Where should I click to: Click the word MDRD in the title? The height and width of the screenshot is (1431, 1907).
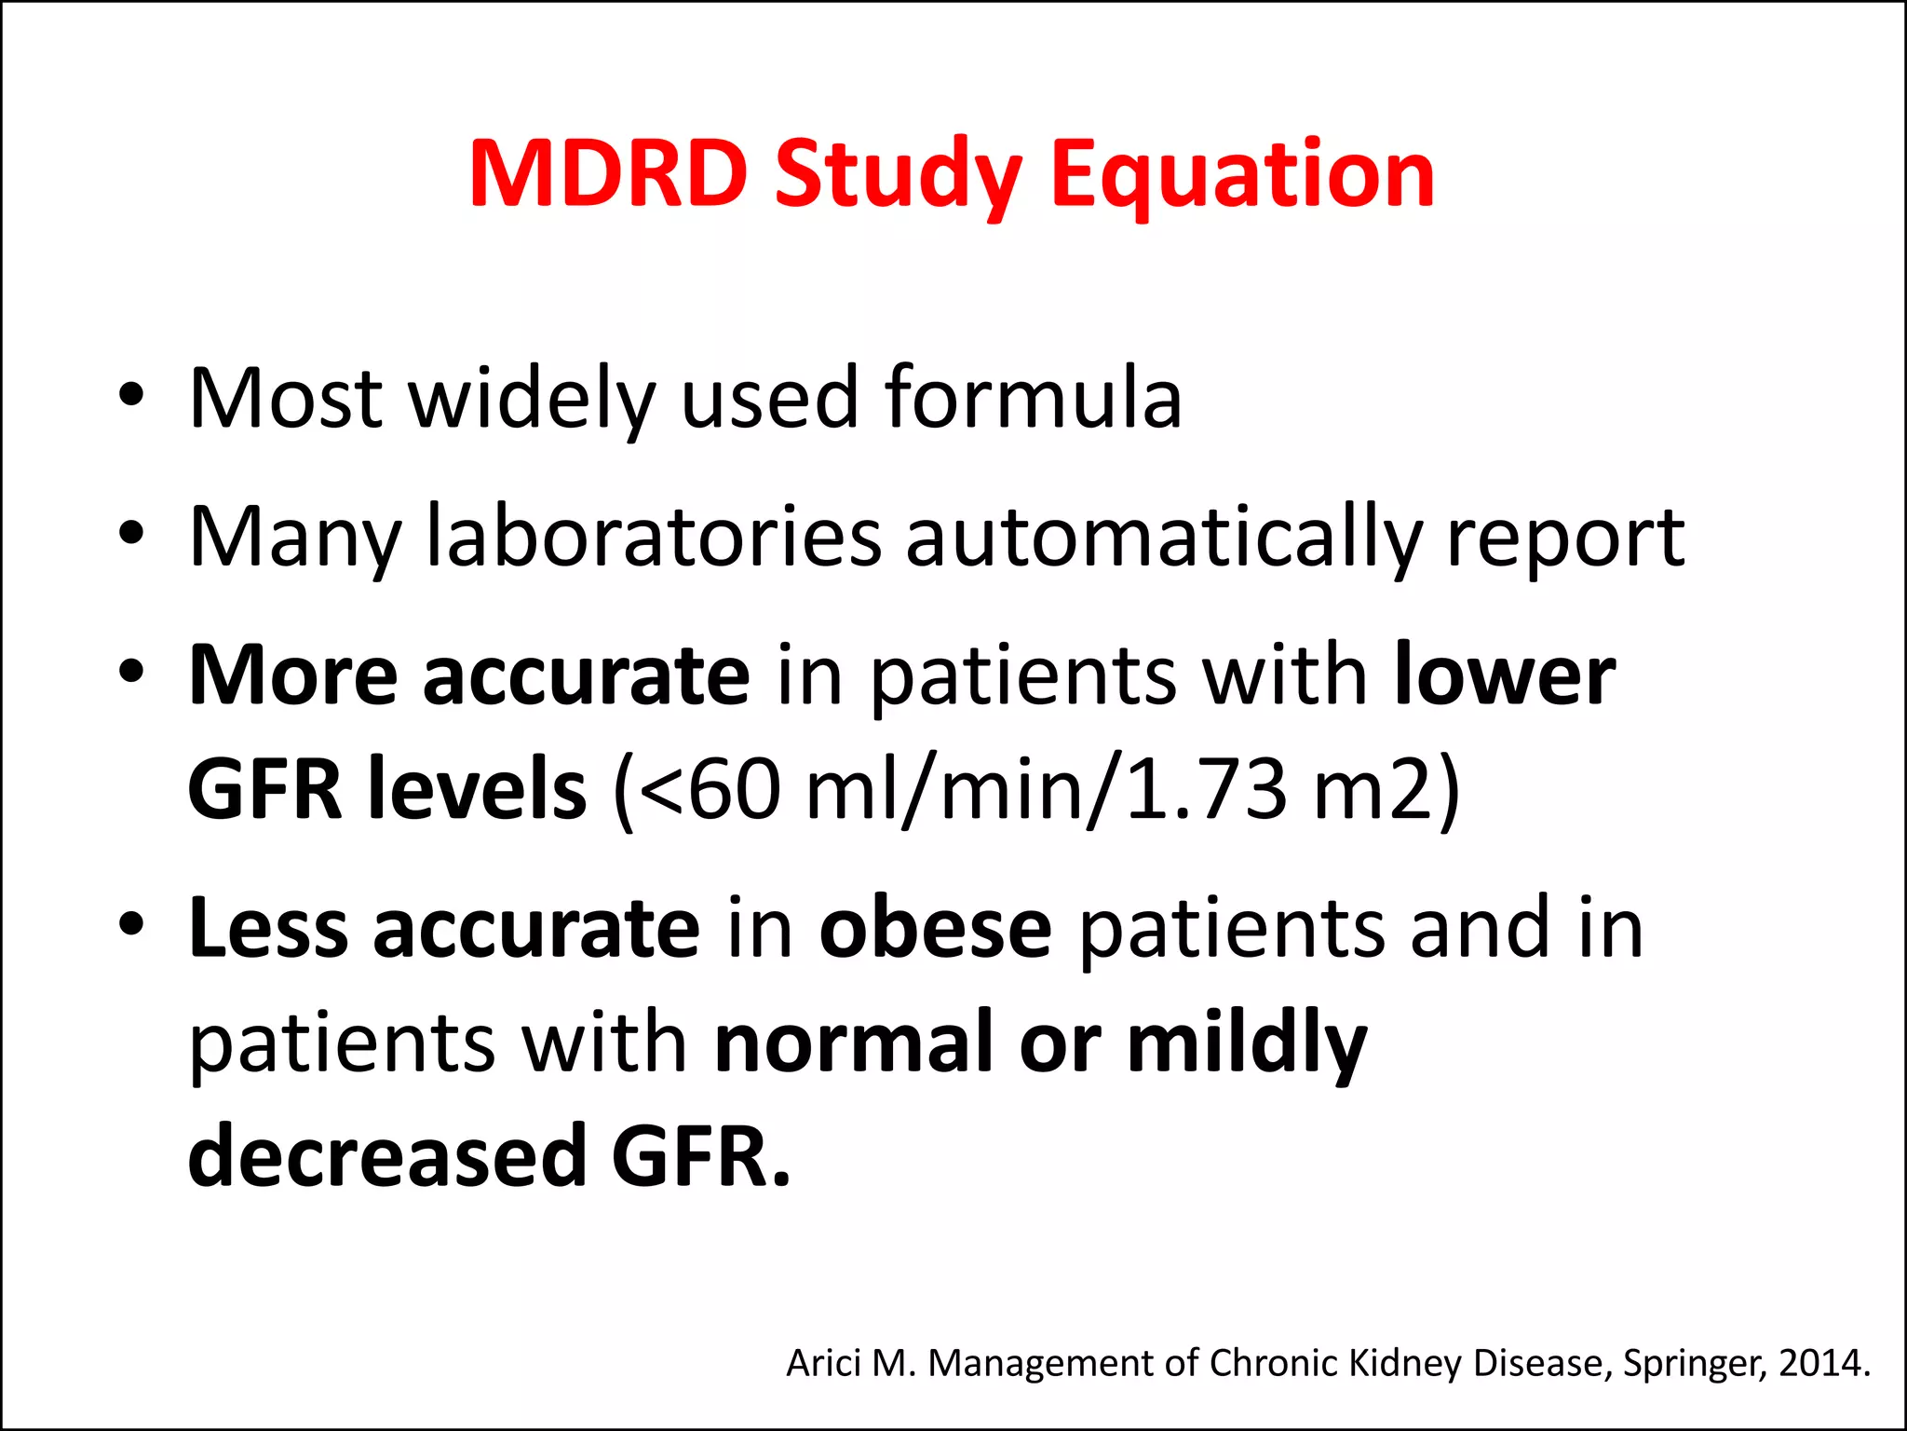(608, 173)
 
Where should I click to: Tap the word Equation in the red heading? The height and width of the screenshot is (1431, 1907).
(1242, 173)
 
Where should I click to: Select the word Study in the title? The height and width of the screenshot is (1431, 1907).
(898, 173)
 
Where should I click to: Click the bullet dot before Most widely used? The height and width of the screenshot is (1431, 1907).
(131, 395)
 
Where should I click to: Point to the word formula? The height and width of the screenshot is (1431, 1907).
(1034, 398)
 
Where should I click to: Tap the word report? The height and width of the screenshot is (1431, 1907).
(1565, 538)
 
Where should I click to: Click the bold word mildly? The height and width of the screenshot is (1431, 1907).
(1247, 1043)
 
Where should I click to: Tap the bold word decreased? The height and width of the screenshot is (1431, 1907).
(386, 1156)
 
